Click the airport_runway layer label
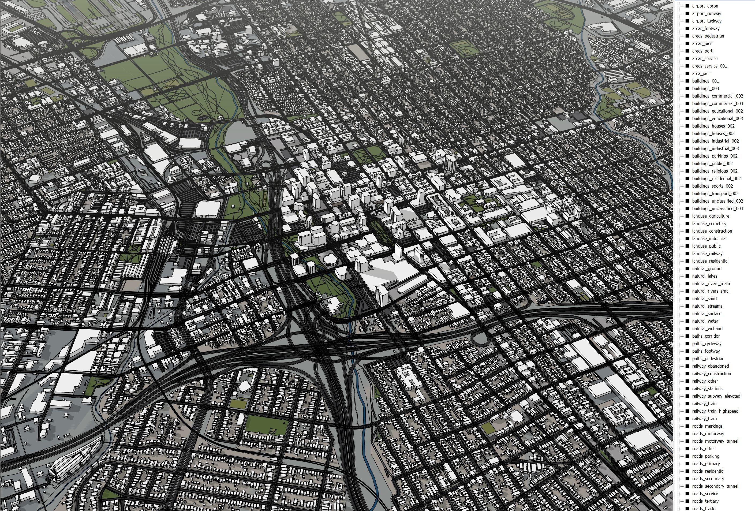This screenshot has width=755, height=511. [707, 13]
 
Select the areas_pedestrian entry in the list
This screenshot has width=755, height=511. [708, 36]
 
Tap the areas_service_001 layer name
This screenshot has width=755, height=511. [709, 66]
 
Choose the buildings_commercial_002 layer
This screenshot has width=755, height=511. [717, 96]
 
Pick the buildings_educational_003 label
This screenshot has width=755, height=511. [717, 118]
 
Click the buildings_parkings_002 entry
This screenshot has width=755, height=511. [715, 156]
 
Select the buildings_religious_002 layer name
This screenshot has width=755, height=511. [715, 171]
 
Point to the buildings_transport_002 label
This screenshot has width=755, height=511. [715, 193]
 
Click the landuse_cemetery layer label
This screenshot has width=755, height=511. [709, 223]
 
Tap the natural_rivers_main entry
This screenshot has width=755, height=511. [711, 284]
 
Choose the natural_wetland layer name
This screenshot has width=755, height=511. [707, 329]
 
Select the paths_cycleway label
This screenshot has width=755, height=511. [707, 343]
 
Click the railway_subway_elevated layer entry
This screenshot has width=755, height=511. [716, 396]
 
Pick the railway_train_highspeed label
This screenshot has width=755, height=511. [715, 411]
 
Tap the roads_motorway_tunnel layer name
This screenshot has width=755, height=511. [715, 441]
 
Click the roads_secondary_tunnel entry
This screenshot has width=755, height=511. [715, 486]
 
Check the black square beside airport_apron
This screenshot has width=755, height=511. [687, 6]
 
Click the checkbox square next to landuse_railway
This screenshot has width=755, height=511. [687, 253]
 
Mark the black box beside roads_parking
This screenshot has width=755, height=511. [687, 456]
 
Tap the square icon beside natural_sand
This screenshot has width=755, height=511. [687, 299]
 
